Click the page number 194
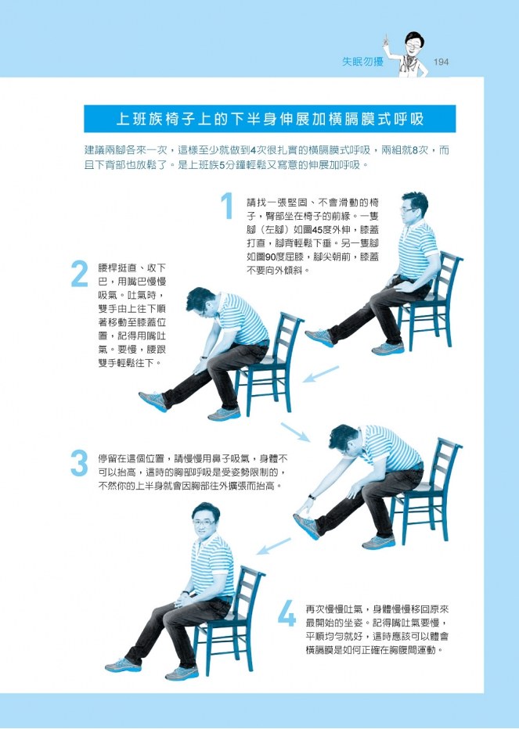[441, 62]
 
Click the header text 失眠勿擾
[362, 61]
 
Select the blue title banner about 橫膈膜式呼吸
[269, 119]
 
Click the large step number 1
[227, 206]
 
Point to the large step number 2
[80, 274]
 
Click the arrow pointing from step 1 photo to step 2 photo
[321, 374]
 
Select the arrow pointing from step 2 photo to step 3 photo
[295, 432]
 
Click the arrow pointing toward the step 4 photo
[274, 546]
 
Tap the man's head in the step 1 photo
[413, 207]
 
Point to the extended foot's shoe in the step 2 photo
[153, 401]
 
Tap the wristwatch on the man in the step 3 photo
[311, 497]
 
